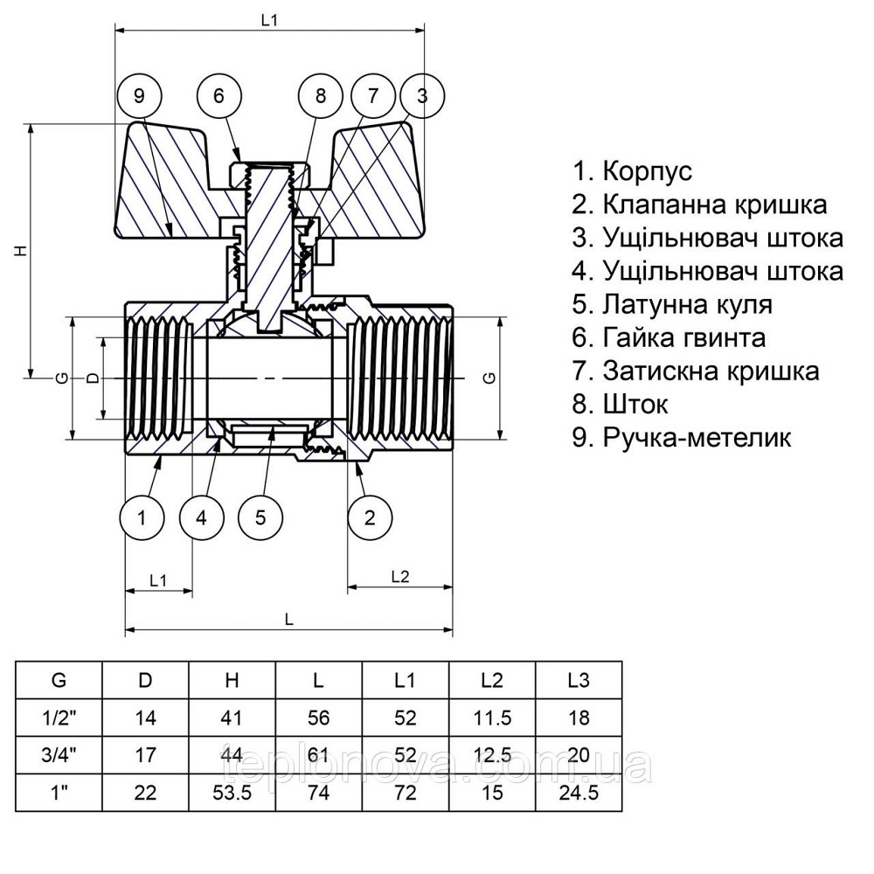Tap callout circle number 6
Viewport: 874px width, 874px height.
click(218, 96)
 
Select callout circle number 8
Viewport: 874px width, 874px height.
click(320, 96)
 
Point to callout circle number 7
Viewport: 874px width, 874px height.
click(373, 96)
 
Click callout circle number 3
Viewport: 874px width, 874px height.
click(422, 96)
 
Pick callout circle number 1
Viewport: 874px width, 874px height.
click(142, 517)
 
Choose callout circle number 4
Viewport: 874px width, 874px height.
click(202, 517)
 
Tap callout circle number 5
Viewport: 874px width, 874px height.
click(260, 517)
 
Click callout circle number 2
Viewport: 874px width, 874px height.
click(370, 517)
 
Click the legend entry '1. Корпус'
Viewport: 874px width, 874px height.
click(632, 171)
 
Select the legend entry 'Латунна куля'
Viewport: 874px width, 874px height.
click(672, 305)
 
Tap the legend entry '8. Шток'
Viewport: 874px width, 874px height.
click(620, 405)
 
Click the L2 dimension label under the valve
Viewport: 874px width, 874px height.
click(400, 577)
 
